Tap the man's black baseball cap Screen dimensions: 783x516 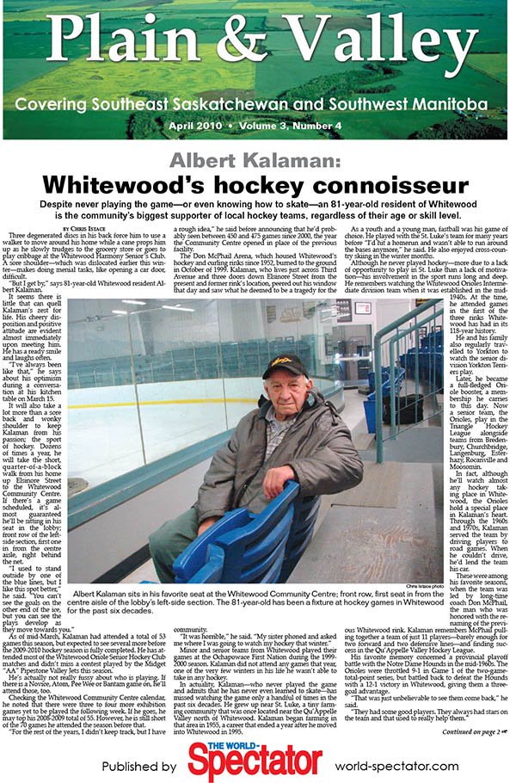285,365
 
